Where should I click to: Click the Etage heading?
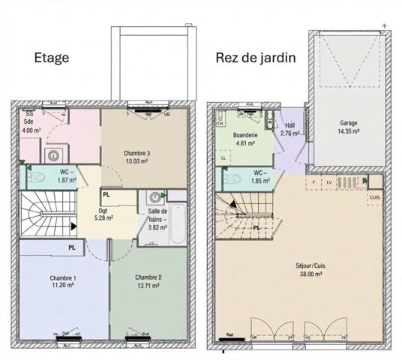tap(52, 58)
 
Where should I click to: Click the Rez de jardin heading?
tap(254, 58)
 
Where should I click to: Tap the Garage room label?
tap(348, 123)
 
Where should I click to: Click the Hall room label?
tap(289, 125)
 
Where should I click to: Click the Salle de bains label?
tap(157, 215)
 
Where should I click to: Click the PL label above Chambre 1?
tap(72, 247)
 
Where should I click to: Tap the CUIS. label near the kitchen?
tap(374, 197)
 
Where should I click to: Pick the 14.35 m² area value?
tap(348, 130)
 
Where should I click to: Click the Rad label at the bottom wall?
tap(230, 334)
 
